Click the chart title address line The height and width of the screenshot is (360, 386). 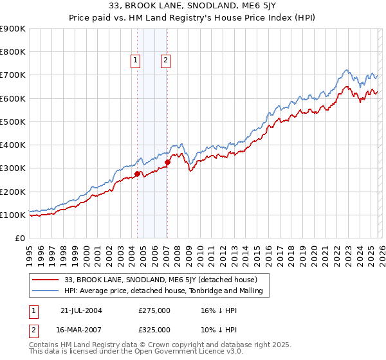pos(193,7)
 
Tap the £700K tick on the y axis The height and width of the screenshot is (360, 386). pos(13,75)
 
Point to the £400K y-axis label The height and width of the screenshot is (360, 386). pos(13,145)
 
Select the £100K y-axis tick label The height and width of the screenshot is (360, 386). pos(13,215)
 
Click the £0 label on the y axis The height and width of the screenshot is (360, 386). pos(19,239)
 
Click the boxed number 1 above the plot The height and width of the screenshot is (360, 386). pos(136,61)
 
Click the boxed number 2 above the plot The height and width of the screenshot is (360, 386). pos(165,61)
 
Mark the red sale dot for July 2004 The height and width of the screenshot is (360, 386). pos(138,174)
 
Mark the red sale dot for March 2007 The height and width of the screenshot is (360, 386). pos(167,163)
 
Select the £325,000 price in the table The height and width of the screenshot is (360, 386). pos(154,329)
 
